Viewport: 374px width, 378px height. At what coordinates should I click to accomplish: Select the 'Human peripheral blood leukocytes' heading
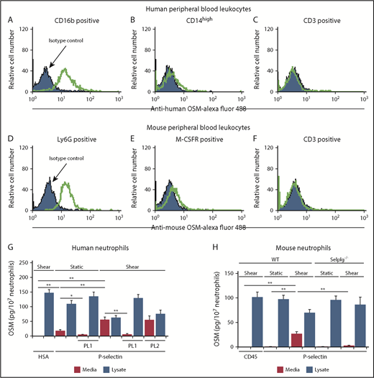(187, 7)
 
